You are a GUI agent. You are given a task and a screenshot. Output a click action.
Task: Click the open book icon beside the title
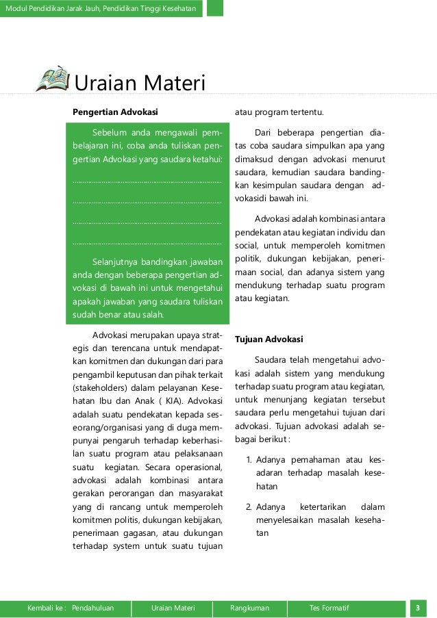pos(52,79)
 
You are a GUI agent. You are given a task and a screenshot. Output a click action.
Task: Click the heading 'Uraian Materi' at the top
pos(140,83)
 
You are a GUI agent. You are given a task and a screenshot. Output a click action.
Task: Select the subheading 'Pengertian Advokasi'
pos(116,112)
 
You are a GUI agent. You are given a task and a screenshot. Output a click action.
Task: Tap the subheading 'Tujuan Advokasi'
pos(269,339)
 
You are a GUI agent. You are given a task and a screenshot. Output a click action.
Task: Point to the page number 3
pos(417,607)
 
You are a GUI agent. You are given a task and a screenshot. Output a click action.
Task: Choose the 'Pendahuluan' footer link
pos(92,607)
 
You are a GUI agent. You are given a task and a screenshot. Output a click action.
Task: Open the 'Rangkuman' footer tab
pos(250,607)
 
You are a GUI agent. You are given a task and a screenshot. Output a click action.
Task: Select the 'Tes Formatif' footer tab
pos(329,607)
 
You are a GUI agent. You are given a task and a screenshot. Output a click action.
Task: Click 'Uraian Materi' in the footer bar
pos(173,607)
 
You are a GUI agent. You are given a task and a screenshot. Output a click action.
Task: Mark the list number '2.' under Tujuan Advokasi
pos(250,507)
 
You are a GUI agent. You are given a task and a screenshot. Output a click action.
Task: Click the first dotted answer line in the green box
pos(147,181)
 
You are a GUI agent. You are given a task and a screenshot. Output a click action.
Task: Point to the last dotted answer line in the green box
pos(147,243)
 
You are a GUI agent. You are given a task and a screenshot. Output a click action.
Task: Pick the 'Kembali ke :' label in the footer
pos(47,607)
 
